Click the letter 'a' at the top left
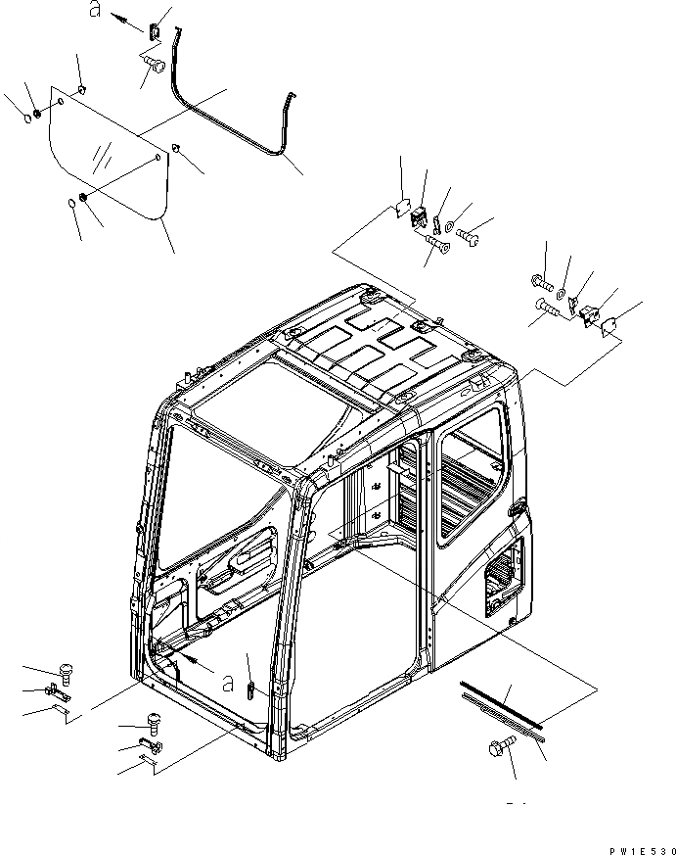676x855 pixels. [95, 11]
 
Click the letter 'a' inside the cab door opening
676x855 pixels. [228, 680]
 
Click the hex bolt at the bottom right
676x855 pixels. [496, 750]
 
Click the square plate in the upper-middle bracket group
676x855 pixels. [402, 207]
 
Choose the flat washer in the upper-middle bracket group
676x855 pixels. [448, 228]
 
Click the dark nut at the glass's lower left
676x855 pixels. [85, 199]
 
